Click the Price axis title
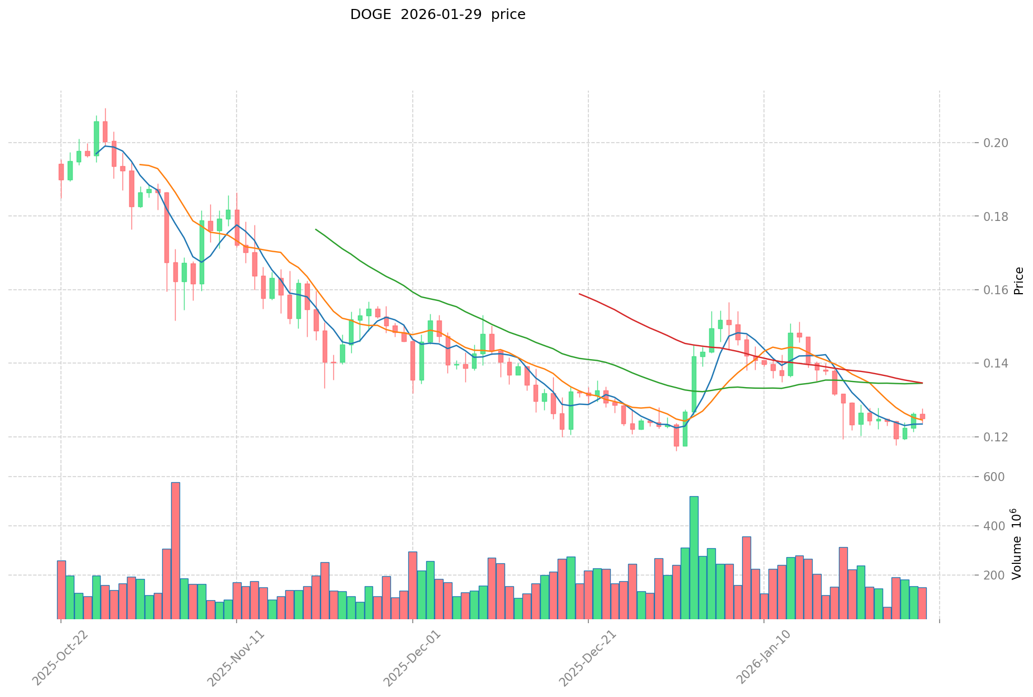coord(1019,281)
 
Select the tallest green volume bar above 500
coord(694,557)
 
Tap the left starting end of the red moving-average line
coord(579,294)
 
